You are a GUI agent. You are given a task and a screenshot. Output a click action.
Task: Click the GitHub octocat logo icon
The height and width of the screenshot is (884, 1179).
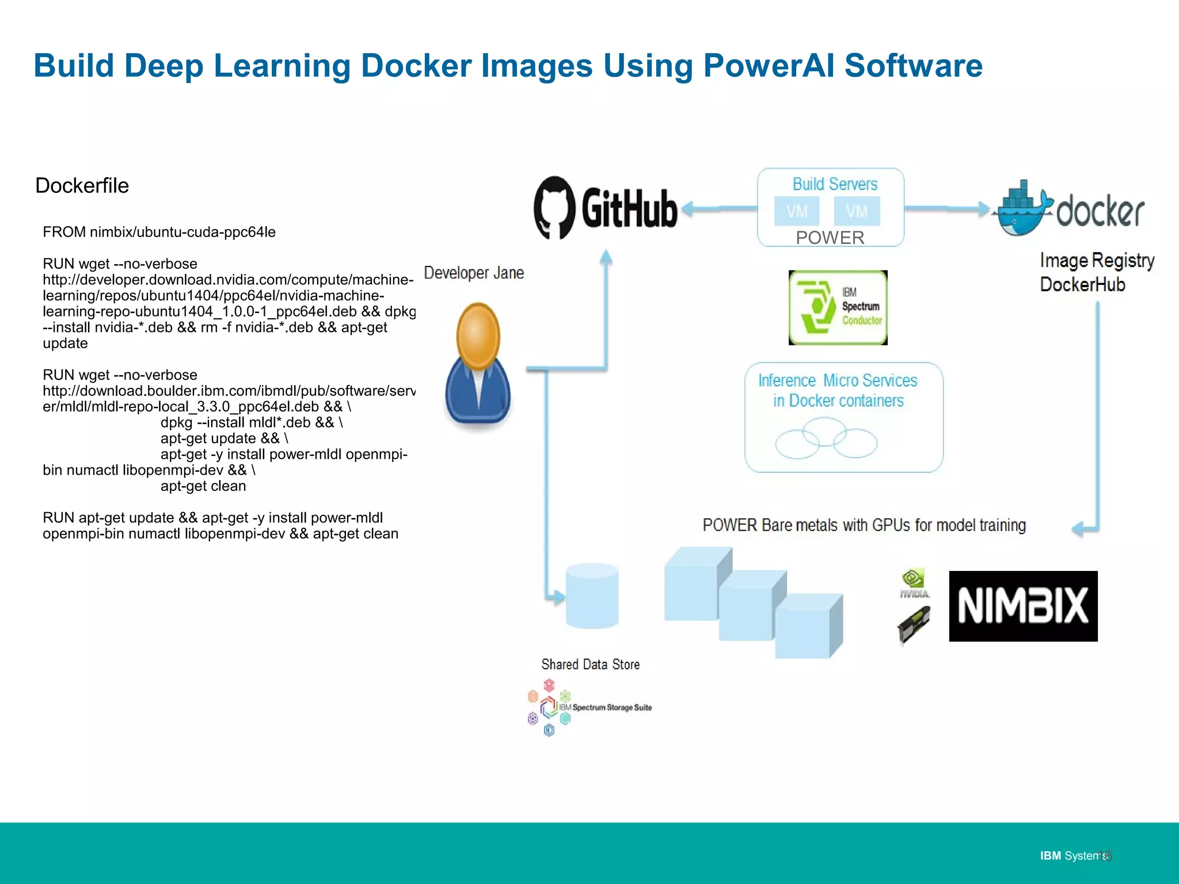coord(554,208)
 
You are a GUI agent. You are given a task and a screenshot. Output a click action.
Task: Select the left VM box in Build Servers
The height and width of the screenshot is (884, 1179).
coord(797,211)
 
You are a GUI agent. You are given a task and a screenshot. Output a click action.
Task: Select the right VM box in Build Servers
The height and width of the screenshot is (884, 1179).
coord(857,211)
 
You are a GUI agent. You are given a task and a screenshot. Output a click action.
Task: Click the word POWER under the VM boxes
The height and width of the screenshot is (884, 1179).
coord(830,238)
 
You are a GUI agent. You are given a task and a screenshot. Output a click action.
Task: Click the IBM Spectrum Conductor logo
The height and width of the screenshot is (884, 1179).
coord(838,308)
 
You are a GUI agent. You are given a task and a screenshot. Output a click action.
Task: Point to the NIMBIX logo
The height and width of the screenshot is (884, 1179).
coord(1023,606)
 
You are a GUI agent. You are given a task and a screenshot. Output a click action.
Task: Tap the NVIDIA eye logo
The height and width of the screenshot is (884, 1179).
coord(914,579)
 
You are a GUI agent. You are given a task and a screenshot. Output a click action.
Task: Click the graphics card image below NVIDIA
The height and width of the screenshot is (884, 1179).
coord(914,625)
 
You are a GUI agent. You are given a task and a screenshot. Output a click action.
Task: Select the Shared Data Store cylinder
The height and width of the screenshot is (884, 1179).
coord(592,596)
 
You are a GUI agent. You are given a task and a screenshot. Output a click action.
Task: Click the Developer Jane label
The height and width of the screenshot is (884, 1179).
coord(474,273)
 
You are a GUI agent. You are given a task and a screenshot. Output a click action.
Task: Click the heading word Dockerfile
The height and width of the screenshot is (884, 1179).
coord(82,186)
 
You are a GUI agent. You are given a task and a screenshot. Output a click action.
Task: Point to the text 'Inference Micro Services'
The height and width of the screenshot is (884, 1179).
coord(838,380)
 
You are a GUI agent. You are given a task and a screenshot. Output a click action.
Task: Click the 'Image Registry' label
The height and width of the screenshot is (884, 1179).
coord(1097,261)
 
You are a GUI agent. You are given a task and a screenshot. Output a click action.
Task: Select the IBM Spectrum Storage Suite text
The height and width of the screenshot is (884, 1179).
coord(611,707)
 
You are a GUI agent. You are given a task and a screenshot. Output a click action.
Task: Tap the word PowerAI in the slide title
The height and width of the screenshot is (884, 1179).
coord(768,66)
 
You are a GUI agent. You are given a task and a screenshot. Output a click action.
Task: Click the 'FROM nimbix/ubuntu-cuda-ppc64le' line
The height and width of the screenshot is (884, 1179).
coord(159,232)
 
